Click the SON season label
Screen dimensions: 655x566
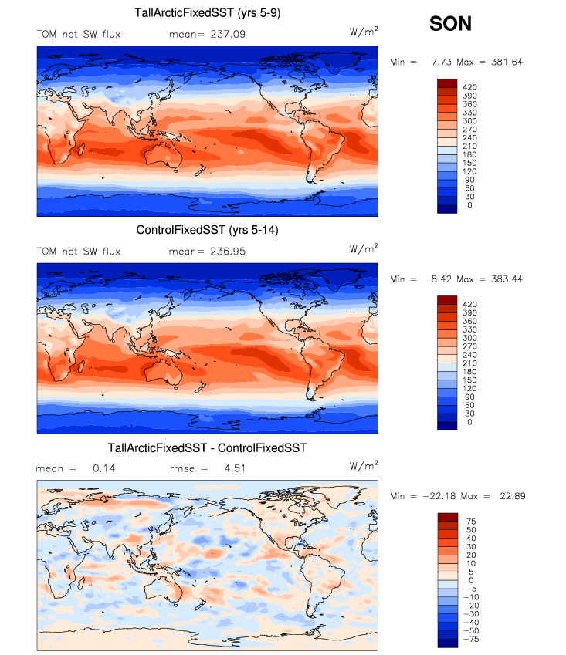[450, 24]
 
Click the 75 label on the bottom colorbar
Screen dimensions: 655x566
[467, 522]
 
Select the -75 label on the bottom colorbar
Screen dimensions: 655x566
[470, 639]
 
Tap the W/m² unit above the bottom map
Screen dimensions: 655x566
[364, 466]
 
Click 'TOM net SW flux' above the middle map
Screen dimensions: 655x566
[79, 252]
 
